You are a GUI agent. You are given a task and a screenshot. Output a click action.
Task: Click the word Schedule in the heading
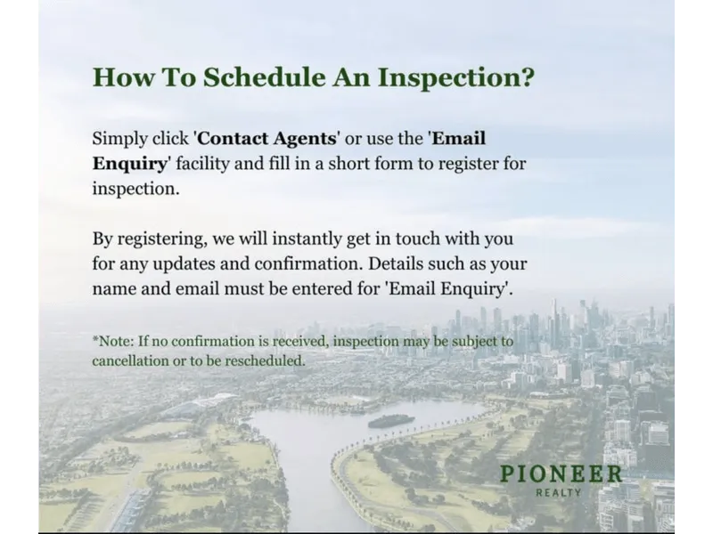click(x=264, y=77)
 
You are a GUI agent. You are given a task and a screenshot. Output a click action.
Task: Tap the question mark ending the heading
click(x=526, y=77)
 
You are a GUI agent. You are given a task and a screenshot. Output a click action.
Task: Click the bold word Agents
click(x=305, y=139)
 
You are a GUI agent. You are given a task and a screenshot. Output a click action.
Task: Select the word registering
click(x=161, y=239)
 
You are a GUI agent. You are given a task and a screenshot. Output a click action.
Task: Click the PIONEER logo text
click(x=561, y=474)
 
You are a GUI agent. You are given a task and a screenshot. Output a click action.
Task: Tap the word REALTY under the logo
click(x=559, y=493)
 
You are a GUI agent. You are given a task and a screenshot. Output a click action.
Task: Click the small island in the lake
click(x=391, y=421)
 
